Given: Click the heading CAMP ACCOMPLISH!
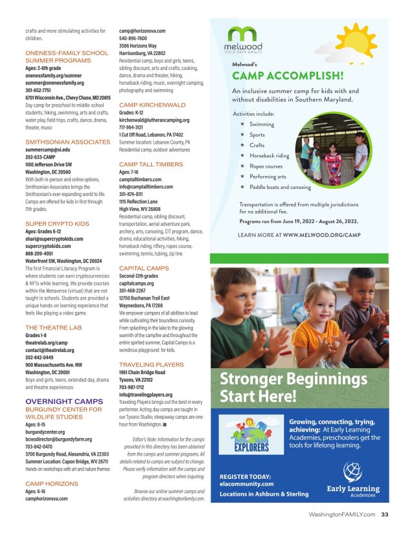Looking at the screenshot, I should click(287, 75).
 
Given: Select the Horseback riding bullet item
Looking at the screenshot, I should click(269, 155).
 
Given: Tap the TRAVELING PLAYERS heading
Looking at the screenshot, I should click(152, 365).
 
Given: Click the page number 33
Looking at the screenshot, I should click(384, 515).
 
